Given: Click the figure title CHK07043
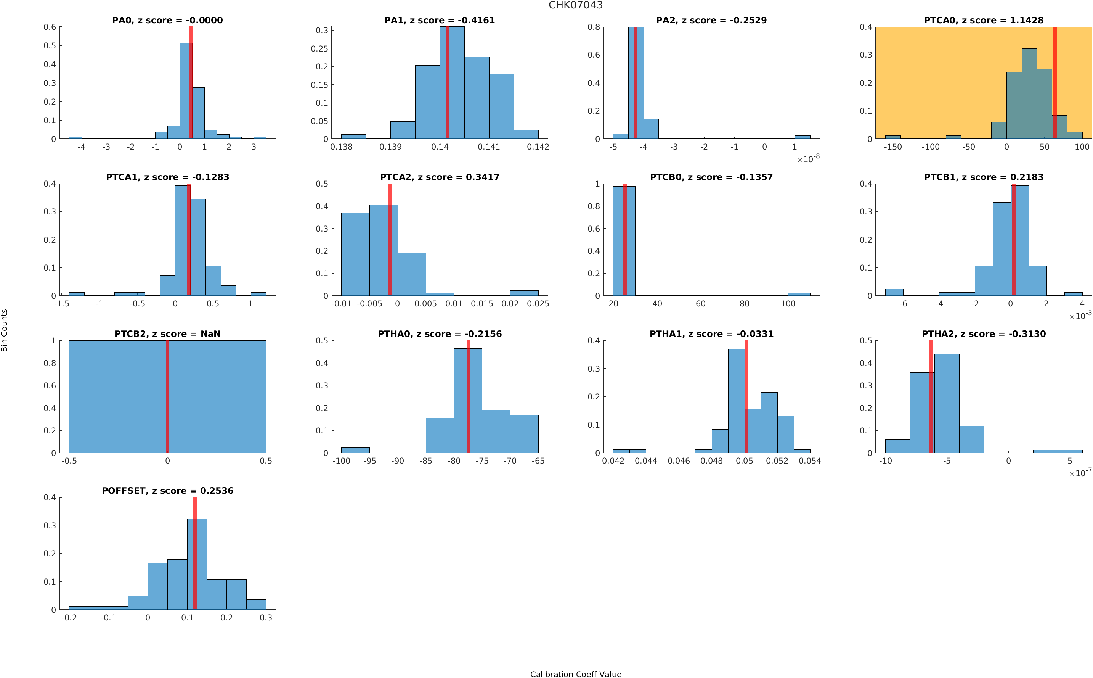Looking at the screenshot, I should [575, 5].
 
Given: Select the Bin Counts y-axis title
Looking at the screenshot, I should [5, 330].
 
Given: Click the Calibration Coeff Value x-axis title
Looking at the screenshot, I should [575, 673].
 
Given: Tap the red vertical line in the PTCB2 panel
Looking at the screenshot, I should [167, 396].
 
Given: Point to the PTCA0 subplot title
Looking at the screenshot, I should [983, 20].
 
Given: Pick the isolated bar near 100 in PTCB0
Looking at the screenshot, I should [798, 294].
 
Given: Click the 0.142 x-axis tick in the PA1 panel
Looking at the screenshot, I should [538, 147].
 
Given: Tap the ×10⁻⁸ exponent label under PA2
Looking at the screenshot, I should [808, 159].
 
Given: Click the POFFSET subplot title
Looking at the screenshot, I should [167, 491].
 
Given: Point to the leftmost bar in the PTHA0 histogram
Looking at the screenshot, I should [355, 450].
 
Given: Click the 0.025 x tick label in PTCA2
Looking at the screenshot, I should [538, 304].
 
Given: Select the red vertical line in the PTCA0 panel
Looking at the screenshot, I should [1054, 83].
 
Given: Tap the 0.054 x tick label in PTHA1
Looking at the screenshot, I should [809, 461].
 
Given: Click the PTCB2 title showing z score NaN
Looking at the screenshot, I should [167, 333].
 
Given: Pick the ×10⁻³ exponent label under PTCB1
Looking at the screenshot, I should [1080, 315].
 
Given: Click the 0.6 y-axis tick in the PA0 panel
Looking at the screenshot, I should [50, 27].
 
